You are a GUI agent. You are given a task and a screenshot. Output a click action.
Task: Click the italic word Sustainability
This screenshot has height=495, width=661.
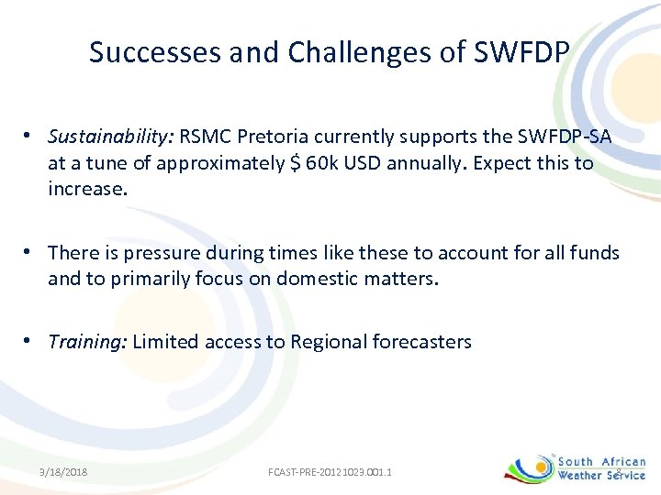(111, 138)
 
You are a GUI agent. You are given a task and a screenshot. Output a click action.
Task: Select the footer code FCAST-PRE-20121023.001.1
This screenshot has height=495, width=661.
(330, 472)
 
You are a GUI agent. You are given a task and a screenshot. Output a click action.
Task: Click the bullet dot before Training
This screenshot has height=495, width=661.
(30, 341)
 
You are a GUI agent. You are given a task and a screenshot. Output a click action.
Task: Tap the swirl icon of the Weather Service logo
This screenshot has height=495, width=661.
(529, 467)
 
